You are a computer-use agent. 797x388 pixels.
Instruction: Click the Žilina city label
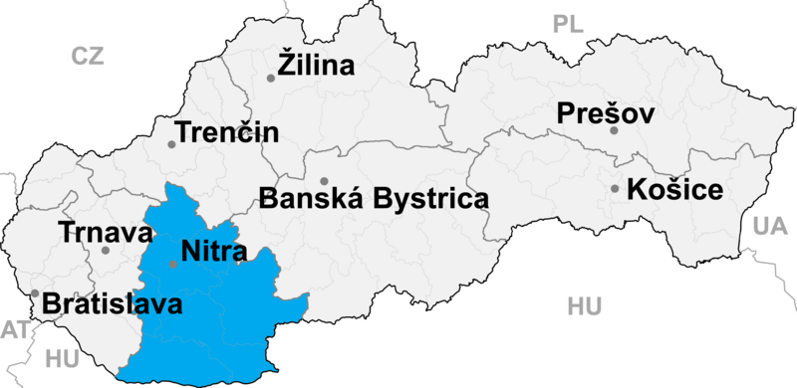pyautogui.click(x=321, y=68)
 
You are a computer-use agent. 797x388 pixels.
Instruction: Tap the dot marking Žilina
pyautogui.click(x=271, y=78)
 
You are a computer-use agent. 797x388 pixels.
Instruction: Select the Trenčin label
pyautogui.click(x=227, y=132)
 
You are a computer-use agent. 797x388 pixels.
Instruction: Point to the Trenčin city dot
pyautogui.click(x=171, y=144)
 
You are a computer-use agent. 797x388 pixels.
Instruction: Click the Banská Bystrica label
pyautogui.click(x=374, y=197)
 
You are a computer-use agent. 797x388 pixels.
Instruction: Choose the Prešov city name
pyautogui.click(x=605, y=114)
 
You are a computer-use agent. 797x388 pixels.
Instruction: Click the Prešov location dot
pyautogui.click(x=615, y=130)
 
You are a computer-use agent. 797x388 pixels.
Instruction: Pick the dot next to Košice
pyautogui.click(x=615, y=188)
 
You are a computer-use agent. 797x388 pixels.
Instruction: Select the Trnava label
pyautogui.click(x=105, y=234)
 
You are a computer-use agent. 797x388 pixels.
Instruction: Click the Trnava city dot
pyautogui.click(x=106, y=250)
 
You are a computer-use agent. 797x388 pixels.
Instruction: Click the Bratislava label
pyautogui.click(x=112, y=304)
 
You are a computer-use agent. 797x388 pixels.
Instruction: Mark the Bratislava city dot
pyautogui.click(x=35, y=293)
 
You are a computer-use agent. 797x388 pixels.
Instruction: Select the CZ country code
pyautogui.click(x=88, y=57)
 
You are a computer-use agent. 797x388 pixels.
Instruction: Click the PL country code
pyautogui.click(x=569, y=24)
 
